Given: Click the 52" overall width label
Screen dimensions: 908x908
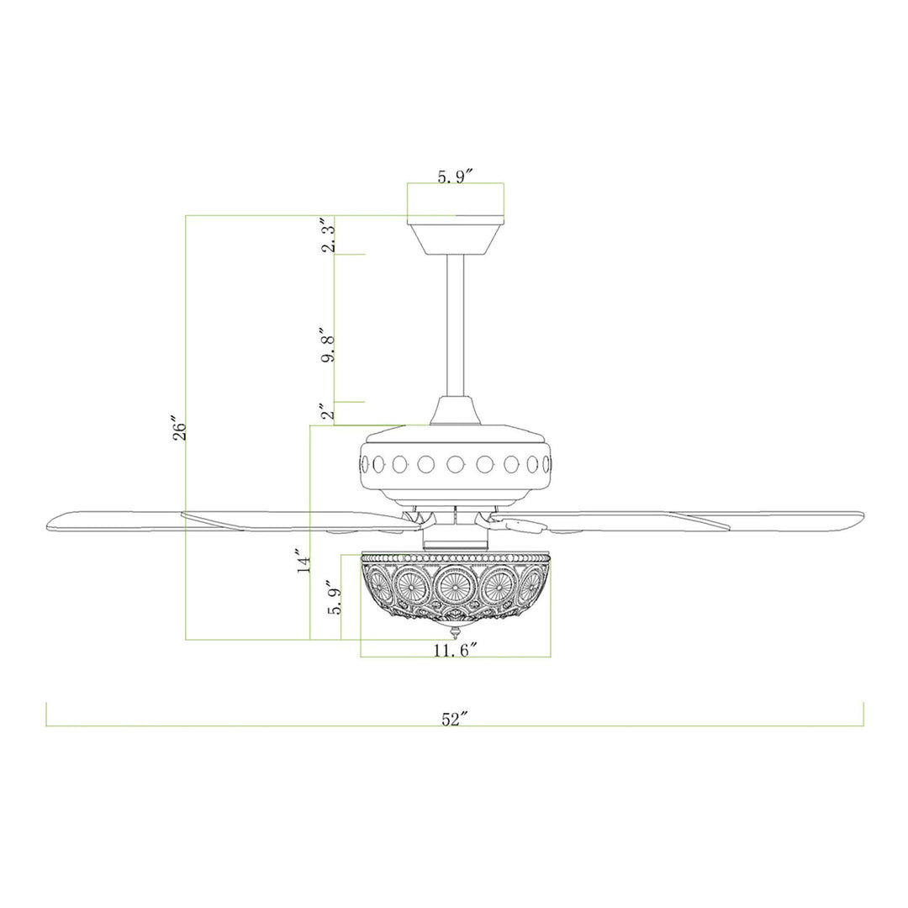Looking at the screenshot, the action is pos(455,719).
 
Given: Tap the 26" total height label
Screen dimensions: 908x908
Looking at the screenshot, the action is pos(180,428).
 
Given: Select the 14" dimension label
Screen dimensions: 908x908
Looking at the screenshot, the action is pos(304,561).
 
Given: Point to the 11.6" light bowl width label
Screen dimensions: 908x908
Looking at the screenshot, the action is pos(456,650).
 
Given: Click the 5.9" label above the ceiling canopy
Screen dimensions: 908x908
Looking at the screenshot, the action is pos(455,177).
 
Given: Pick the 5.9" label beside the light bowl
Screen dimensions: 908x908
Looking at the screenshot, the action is pos(335,598).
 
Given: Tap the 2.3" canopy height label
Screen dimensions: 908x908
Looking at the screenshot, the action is pos(329,235).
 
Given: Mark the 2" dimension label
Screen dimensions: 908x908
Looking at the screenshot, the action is pos(329,412).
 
